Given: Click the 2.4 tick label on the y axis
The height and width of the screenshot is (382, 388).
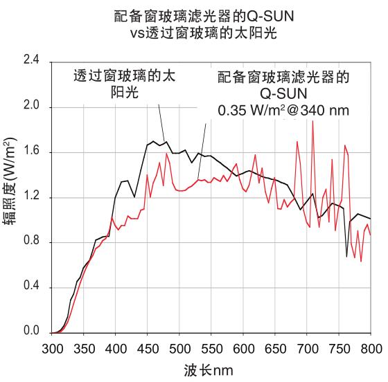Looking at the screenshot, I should [x=32, y=62].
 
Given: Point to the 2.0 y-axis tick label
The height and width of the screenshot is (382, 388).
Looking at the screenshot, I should [x=32, y=107].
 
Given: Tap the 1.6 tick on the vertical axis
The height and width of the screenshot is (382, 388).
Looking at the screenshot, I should [x=32, y=152].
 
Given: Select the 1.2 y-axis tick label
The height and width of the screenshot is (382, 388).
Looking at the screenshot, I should [x=32, y=197].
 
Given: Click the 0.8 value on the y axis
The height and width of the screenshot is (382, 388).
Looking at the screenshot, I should [x=32, y=242].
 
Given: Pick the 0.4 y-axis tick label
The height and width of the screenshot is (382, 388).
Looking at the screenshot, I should [x=32, y=287].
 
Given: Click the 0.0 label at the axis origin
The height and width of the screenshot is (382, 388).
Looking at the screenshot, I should [x=32, y=332].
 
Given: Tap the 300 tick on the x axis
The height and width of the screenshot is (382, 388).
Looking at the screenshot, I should [x=53, y=347].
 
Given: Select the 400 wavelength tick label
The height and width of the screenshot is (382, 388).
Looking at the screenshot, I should [x=116, y=347].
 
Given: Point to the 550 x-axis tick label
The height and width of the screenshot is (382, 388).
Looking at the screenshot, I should [x=212, y=347].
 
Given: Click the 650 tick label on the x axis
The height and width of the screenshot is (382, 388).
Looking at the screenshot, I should [x=276, y=347].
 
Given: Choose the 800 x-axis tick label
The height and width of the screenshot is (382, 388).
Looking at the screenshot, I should [x=371, y=347].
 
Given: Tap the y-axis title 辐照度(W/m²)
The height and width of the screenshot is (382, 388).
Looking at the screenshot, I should [x=11, y=197].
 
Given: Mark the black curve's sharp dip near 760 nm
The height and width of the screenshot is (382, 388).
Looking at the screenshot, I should [x=347, y=257].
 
